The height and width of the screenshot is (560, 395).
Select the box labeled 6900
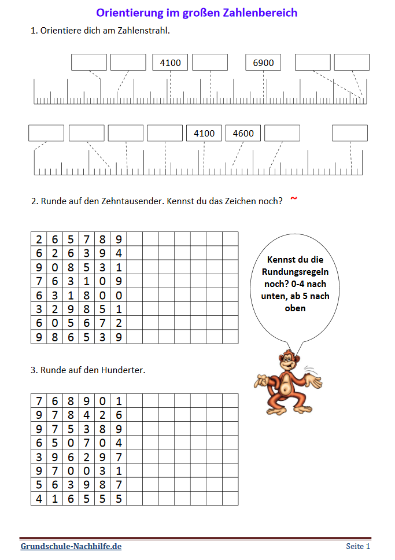click(263, 62)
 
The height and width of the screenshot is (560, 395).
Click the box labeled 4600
click(243, 133)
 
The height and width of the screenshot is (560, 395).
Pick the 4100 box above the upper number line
click(170, 62)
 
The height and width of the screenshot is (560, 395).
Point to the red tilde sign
click(294, 199)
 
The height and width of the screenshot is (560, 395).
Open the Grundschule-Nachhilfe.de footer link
click(71, 546)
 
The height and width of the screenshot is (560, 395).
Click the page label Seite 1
click(358, 546)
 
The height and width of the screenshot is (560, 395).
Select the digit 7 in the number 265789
click(87, 239)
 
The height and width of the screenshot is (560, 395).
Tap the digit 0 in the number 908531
click(55, 267)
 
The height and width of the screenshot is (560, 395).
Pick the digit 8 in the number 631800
click(87, 294)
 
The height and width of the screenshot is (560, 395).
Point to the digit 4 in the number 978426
click(87, 415)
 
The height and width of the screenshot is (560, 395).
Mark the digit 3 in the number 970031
click(103, 470)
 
